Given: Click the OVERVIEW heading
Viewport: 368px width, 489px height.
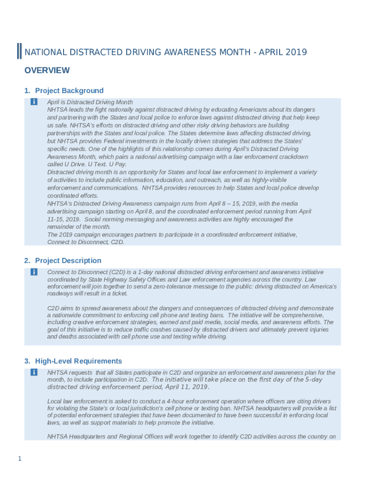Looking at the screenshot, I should pyautogui.click(x=47, y=71).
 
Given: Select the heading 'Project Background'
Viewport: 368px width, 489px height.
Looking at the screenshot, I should pyautogui.click(x=69, y=91).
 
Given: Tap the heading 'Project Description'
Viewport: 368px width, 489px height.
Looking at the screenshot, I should pyautogui.click(x=68, y=261).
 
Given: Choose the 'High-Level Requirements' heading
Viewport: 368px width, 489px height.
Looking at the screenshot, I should pyautogui.click(x=78, y=361).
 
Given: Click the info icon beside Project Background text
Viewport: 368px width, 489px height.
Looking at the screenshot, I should pyautogui.click(x=34, y=102).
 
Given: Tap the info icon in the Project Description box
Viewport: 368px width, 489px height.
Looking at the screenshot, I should pyautogui.click(x=34, y=272).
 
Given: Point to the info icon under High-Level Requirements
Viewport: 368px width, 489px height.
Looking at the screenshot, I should pyautogui.click(x=34, y=372).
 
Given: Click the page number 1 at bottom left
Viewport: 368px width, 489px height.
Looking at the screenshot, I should pyautogui.click(x=19, y=459).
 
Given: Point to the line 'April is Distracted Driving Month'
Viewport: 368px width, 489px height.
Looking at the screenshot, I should pyautogui.click(x=90, y=102).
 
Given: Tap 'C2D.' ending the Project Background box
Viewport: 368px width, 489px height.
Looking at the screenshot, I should pyautogui.click(x=117, y=242).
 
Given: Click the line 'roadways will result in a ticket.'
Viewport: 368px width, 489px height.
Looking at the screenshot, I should pyautogui.click(x=87, y=294).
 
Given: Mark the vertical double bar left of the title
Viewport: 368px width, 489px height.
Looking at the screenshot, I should pyautogui.click(x=19, y=51).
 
